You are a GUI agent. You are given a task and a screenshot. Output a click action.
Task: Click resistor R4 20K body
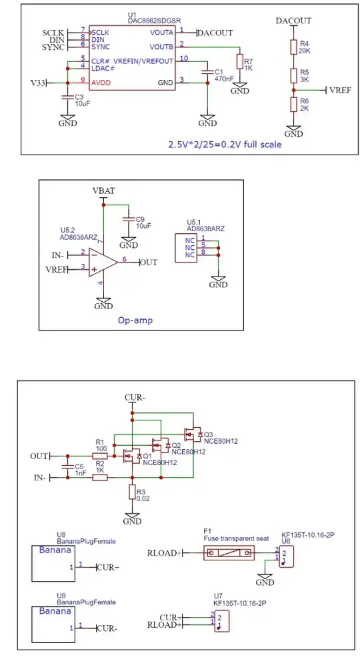[x=293, y=47]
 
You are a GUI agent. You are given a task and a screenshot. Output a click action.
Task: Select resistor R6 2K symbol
[x=293, y=105]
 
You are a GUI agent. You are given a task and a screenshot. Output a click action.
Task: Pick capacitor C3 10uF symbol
[x=67, y=97]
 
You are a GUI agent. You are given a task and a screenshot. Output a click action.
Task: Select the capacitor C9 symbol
[x=127, y=219]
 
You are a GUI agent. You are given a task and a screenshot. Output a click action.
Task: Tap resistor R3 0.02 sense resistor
[x=133, y=492]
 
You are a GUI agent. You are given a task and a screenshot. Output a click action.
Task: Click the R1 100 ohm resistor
[x=100, y=456]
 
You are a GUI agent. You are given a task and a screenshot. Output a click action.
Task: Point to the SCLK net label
[x=53, y=32]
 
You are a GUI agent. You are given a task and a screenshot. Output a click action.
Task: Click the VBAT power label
[x=103, y=191]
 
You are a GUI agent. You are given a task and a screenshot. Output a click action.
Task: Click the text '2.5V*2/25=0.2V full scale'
[x=224, y=144]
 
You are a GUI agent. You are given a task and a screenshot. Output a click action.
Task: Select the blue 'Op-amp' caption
[x=135, y=320]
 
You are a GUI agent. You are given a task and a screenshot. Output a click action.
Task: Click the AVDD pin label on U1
[x=101, y=82]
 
